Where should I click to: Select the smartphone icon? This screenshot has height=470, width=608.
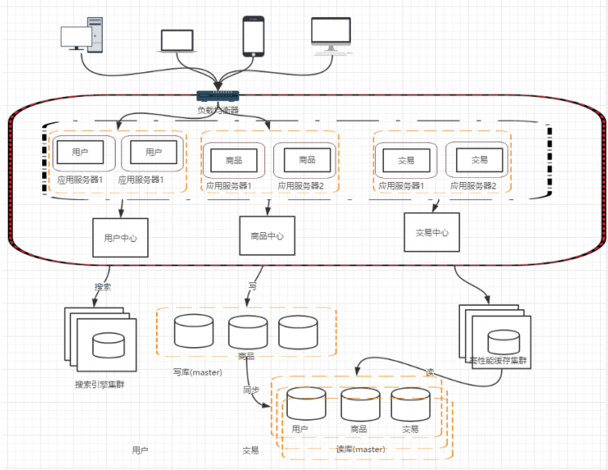pyautogui.click(x=254, y=36)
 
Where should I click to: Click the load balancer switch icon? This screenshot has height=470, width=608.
pyautogui.click(x=217, y=96)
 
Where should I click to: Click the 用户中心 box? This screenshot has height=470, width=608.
pyautogui.click(x=120, y=238)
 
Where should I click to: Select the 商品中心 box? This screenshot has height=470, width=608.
pyautogui.click(x=267, y=236)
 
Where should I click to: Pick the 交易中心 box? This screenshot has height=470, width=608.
pyautogui.click(x=432, y=233)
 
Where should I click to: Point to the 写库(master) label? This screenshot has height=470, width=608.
pyautogui.click(x=197, y=373)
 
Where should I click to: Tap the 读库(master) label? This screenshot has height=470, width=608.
pyautogui.click(x=360, y=450)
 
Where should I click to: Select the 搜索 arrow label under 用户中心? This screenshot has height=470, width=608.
pyautogui.click(x=103, y=286)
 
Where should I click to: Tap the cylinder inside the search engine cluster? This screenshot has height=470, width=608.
pyautogui.click(x=108, y=345)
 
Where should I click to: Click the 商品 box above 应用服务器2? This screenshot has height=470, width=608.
pyautogui.click(x=306, y=159)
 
